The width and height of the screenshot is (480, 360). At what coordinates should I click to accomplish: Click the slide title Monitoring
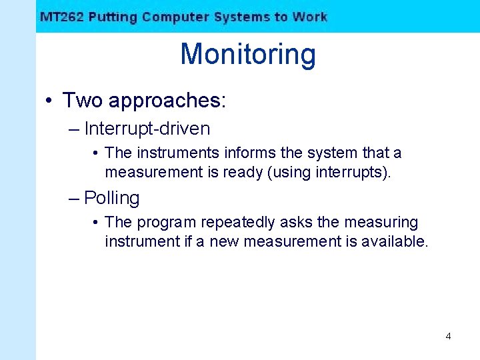point(247,54)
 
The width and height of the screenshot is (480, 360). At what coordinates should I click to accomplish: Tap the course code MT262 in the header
point(61,17)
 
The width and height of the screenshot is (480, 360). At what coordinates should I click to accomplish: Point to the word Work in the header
point(309,17)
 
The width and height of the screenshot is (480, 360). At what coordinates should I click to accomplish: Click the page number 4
point(448,336)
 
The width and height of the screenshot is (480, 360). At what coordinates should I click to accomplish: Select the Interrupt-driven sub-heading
point(147,129)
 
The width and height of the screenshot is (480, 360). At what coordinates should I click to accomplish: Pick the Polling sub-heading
point(112,198)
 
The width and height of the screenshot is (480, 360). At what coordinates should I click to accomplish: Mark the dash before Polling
point(73,198)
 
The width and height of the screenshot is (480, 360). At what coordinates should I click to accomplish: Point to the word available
point(393,241)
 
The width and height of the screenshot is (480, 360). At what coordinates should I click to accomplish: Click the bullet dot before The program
point(97,223)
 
